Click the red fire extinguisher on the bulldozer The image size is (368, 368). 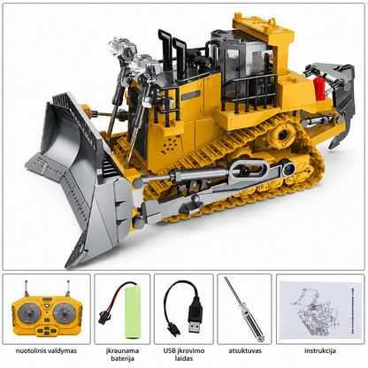coord(319,89)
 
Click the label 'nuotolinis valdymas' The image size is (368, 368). coord(46,351)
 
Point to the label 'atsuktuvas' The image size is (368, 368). coord(245,351)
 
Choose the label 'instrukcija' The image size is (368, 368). coord(320,351)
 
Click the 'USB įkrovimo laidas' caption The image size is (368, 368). coord(184,355)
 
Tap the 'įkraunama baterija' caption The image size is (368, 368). coord(123,355)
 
